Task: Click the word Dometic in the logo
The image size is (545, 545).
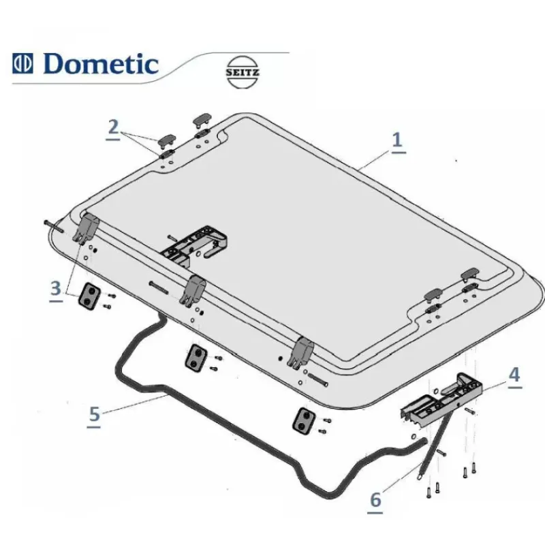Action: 101,64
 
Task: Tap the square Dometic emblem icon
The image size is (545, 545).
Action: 22,63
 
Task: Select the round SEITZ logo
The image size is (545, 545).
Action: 243,72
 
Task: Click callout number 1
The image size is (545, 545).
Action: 398,142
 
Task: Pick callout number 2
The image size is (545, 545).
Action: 113,129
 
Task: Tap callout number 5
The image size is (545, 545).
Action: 94,416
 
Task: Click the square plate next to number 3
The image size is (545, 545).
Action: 89,295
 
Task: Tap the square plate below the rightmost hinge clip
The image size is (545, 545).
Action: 304,420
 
